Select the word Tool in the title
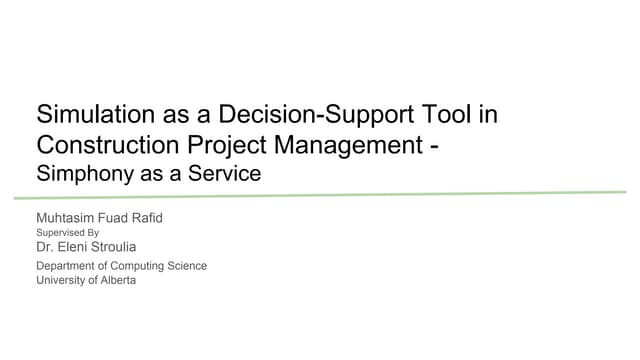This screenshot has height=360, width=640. (x=446, y=114)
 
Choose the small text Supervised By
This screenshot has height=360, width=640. (x=67, y=231)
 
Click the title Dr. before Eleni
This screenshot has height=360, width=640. (x=45, y=245)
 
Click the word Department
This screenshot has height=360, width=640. (x=68, y=266)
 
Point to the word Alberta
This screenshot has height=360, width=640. (x=118, y=280)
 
